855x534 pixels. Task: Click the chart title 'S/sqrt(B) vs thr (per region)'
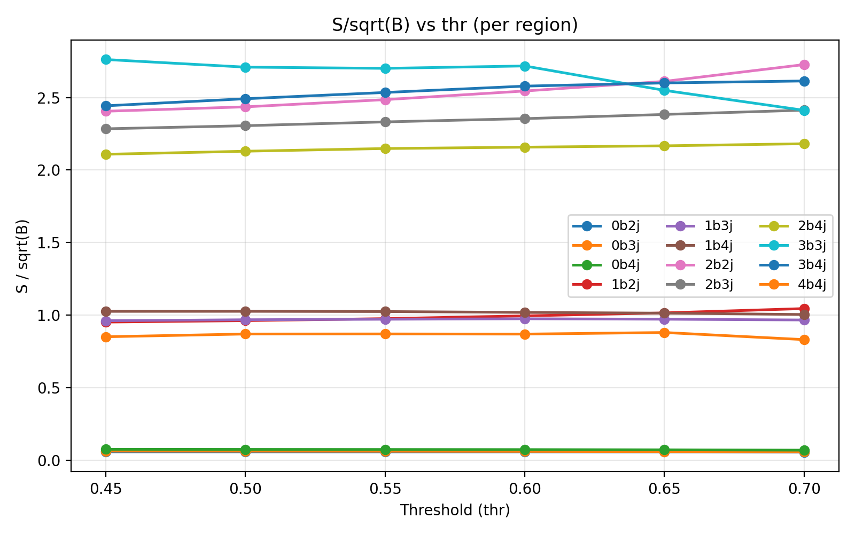[x=455, y=25]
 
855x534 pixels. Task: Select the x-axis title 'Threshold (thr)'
[x=455, y=511]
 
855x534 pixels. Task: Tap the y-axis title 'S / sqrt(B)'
[x=22, y=256]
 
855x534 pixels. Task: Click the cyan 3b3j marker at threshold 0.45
[x=106, y=59]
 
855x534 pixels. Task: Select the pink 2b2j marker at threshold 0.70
[x=804, y=65]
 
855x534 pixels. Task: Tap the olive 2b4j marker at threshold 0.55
[x=385, y=148]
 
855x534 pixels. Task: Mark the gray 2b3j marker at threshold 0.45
[x=106, y=129]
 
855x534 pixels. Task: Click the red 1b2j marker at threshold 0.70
[x=804, y=309]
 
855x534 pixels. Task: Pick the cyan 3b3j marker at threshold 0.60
[x=525, y=66]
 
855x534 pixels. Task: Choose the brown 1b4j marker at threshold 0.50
[x=245, y=311]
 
